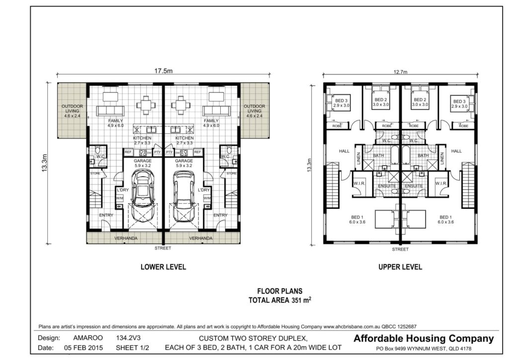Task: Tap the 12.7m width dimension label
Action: [x=401, y=72]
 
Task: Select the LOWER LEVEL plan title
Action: [x=163, y=267]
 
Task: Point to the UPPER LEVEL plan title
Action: [x=400, y=267]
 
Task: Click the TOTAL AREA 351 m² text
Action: [x=279, y=300]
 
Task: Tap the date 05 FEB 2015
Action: [x=84, y=348]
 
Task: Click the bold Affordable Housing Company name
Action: [x=424, y=339]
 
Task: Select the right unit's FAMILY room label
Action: [x=211, y=123]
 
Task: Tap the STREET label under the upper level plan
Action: [x=400, y=249]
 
